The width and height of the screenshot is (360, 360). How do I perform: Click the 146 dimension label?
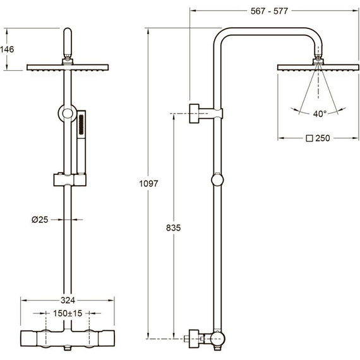point(7,49)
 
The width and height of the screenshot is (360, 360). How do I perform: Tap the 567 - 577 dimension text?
point(269,11)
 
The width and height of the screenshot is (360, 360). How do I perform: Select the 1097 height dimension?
point(148,183)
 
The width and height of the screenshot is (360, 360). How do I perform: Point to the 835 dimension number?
point(173,228)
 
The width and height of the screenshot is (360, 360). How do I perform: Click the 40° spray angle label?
point(320,114)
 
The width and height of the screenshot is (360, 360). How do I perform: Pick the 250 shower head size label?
point(323,138)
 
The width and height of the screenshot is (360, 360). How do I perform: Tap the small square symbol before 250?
point(309,138)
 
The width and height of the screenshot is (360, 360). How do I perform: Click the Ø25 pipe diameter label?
point(40,220)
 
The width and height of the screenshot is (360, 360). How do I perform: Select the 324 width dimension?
point(68,300)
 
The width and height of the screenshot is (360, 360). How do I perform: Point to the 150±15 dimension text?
point(68,313)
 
